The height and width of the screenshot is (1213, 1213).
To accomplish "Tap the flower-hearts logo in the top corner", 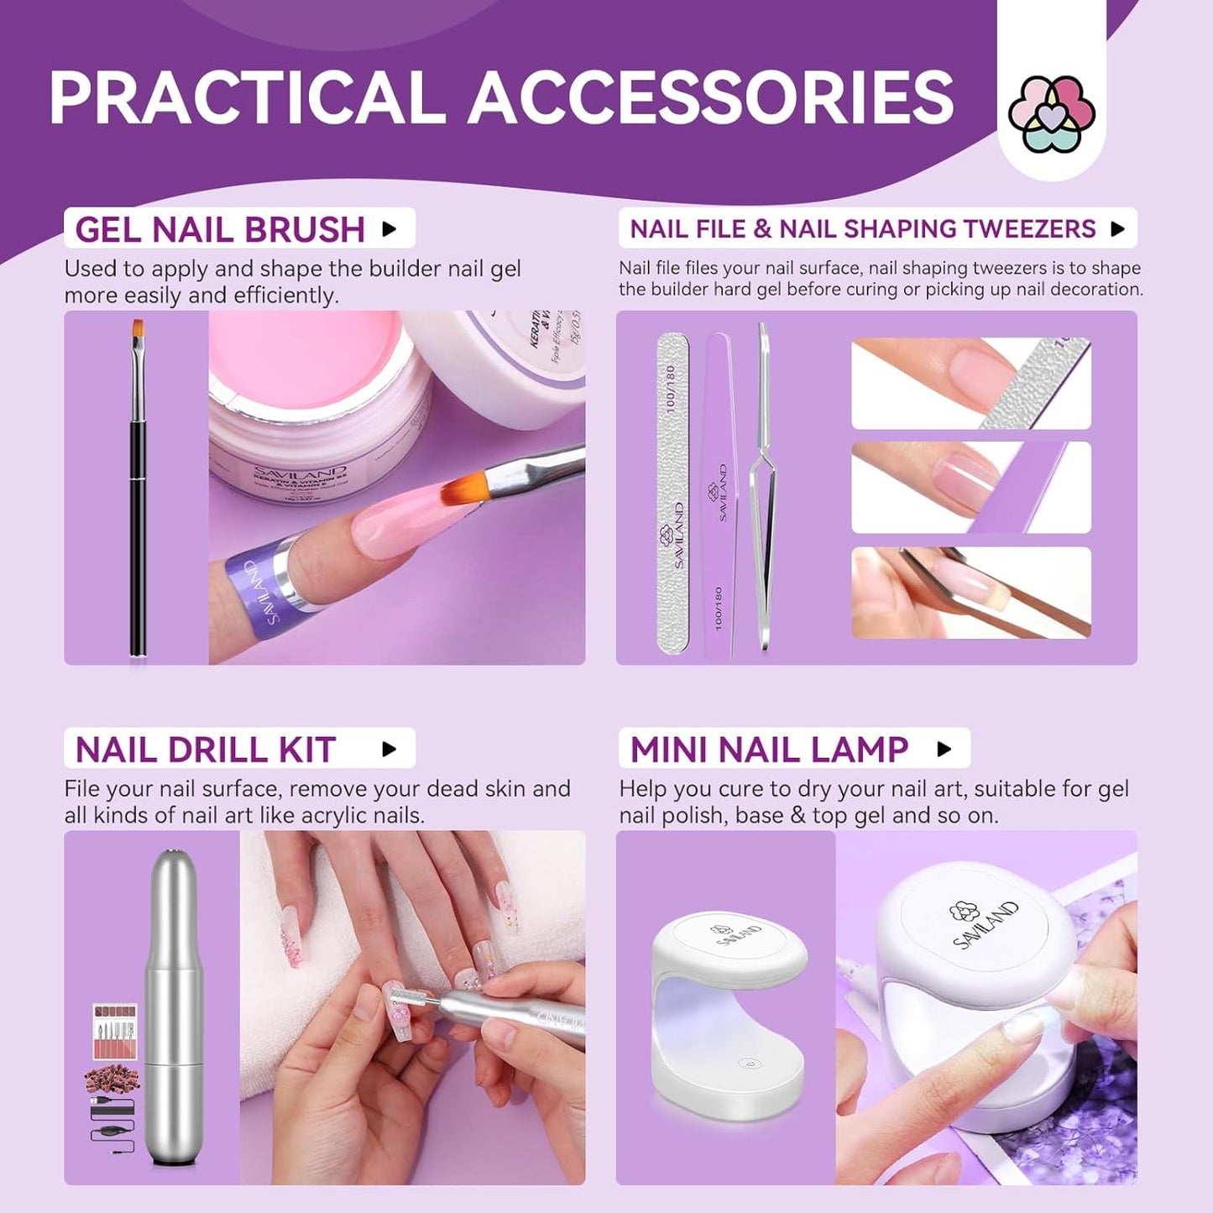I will [1051, 114].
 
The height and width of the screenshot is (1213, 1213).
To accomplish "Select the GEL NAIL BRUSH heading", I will [220, 229].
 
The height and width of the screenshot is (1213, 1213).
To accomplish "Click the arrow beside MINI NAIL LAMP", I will [944, 749].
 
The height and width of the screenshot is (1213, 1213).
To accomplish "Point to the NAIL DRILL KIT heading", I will [206, 749].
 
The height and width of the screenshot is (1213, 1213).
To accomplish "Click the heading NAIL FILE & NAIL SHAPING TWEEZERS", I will [862, 228].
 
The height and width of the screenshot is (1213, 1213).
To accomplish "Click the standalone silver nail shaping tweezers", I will [762, 487].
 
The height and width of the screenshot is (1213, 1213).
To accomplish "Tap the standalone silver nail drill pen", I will [174, 1007].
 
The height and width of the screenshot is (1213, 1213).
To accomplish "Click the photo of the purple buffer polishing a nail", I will [971, 487].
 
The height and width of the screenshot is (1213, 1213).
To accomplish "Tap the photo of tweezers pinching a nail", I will [971, 593].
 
